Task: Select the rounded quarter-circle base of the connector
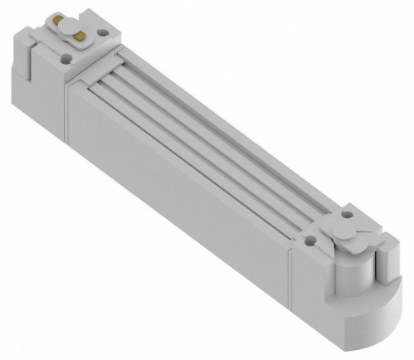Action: click(365, 328)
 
